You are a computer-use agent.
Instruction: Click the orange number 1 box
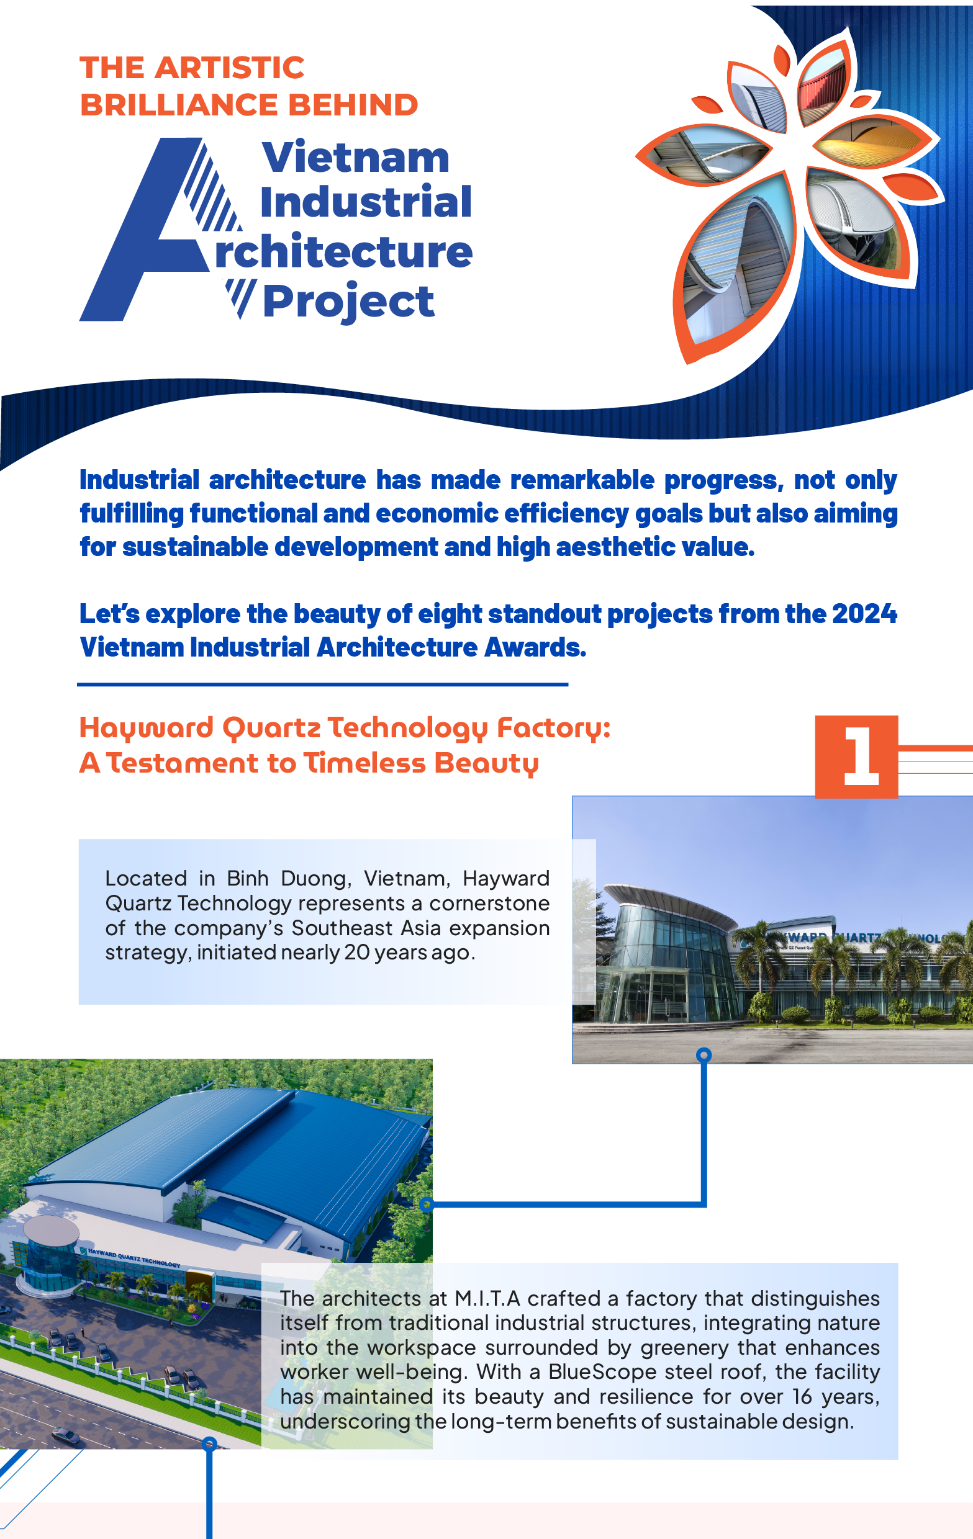[x=856, y=756]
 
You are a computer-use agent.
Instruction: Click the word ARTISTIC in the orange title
[x=229, y=68]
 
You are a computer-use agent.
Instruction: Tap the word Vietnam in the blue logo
[x=355, y=157]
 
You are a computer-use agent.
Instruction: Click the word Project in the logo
[x=348, y=302]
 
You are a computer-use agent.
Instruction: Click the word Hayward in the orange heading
[x=147, y=729]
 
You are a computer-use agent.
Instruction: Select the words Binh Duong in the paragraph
[x=289, y=879]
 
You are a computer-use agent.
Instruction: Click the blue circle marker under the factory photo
[x=704, y=1054]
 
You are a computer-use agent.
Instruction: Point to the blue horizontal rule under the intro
[x=323, y=684]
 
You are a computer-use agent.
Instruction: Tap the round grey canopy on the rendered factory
[x=51, y=1231]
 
